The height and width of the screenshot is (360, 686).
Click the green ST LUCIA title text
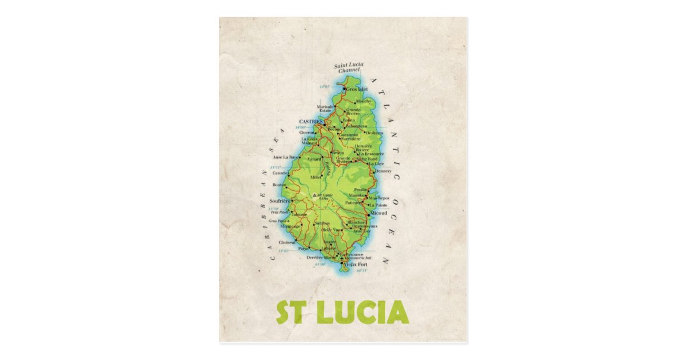tap(342, 312)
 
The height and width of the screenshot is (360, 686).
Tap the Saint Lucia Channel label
tap(350, 68)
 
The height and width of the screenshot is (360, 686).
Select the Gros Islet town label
tap(357, 90)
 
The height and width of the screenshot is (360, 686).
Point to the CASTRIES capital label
tap(311, 122)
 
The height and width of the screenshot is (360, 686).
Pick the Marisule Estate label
tap(325, 108)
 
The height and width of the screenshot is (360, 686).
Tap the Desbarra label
tap(374, 133)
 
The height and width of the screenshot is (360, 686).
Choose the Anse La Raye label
tap(286, 157)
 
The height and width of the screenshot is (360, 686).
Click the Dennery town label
tap(383, 171)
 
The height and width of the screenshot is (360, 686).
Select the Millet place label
tap(316, 177)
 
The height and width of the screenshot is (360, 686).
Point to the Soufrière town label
tap(280, 201)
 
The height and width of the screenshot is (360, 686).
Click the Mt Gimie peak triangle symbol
tap(314, 195)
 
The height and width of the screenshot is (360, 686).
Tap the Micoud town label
tap(379, 213)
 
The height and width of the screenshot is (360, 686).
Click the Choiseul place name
tap(287, 242)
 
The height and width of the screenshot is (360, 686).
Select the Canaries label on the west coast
tap(280, 173)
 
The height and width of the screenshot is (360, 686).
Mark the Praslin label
tap(360, 189)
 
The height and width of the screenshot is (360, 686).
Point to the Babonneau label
tap(356, 126)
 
